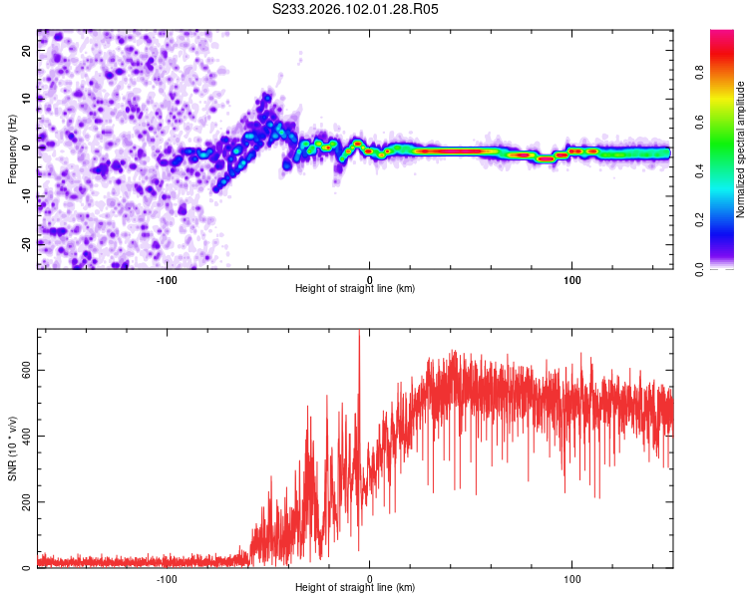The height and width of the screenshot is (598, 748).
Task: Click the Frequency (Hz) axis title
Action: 12,147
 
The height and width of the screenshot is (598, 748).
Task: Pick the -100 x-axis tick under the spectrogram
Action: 167,280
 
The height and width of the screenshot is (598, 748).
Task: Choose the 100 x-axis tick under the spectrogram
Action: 572,280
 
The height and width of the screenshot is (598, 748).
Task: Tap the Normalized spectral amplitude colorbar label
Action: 740,149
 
